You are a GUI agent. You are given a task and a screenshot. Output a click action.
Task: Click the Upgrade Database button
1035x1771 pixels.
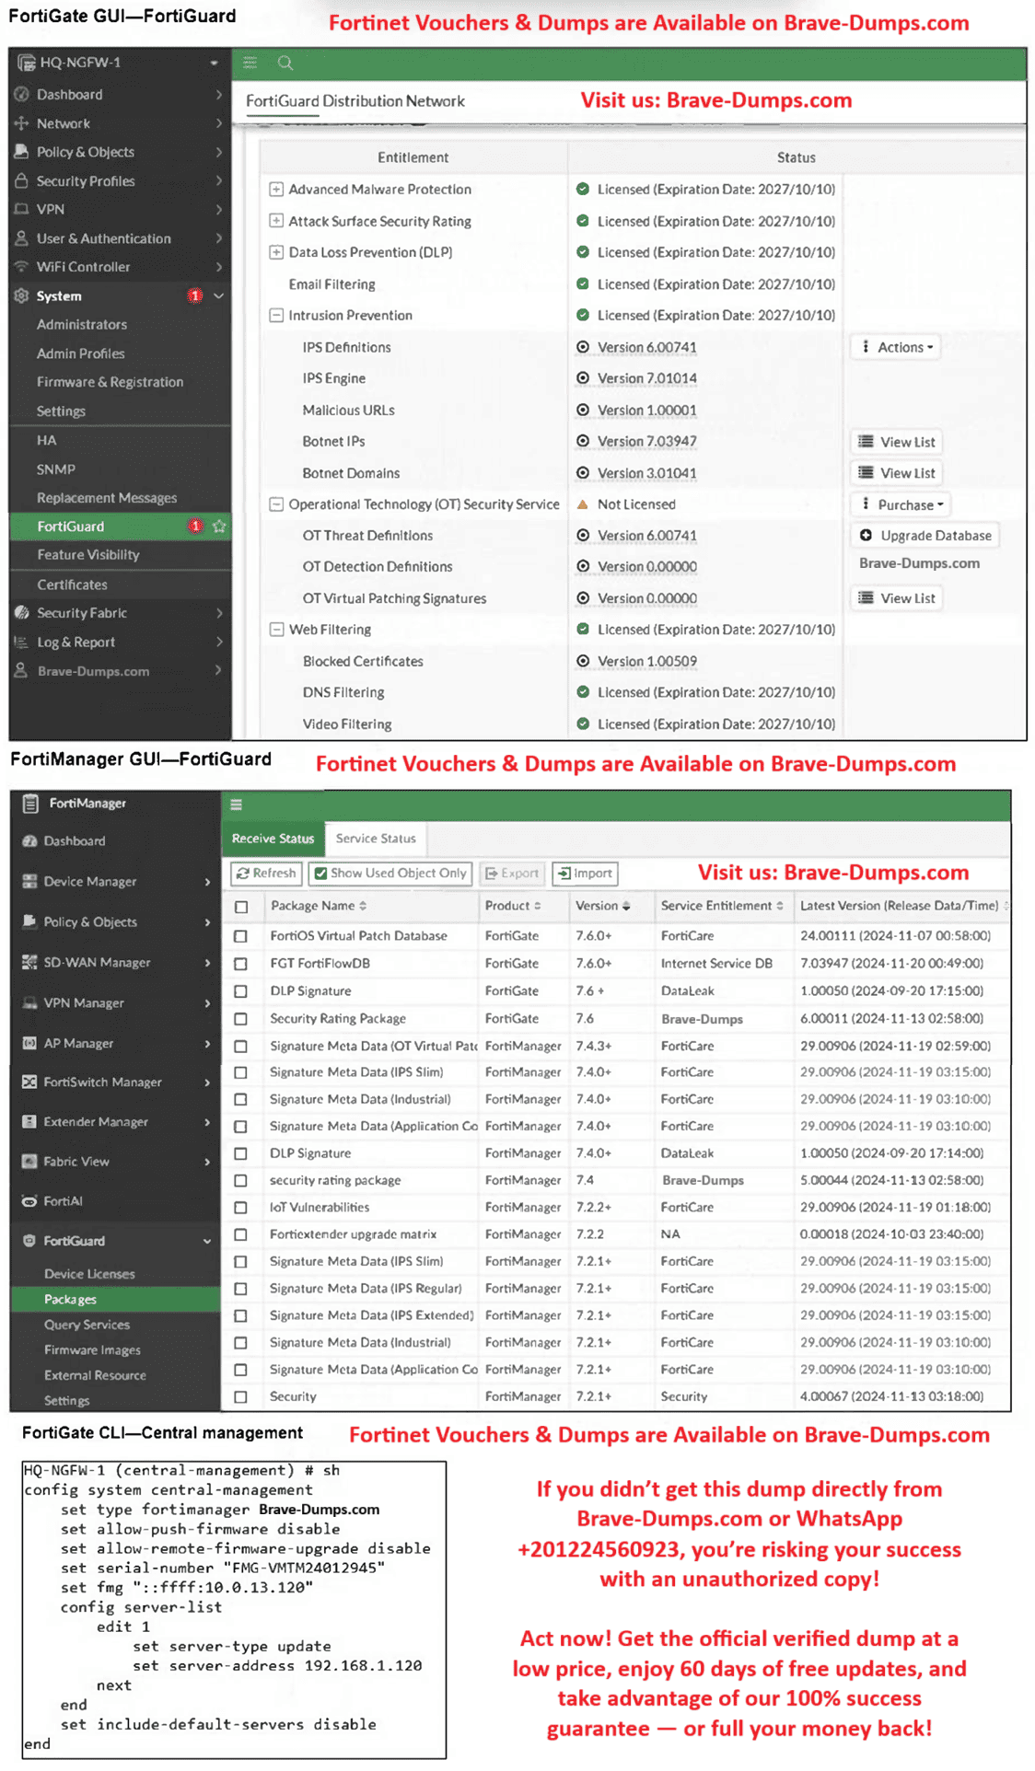pyautogui.click(x=925, y=536)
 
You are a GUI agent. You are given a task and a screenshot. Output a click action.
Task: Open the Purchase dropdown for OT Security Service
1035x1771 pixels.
pyautogui.click(x=902, y=504)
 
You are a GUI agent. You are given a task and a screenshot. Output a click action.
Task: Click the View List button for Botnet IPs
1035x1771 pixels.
pyautogui.click(x=898, y=442)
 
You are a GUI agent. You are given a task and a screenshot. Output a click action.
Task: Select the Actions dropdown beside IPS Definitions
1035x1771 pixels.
pyautogui.click(x=897, y=347)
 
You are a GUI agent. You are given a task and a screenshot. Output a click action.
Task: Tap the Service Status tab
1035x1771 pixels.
pyautogui.click(x=376, y=839)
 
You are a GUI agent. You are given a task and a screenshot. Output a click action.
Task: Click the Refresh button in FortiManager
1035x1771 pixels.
pyautogui.click(x=266, y=874)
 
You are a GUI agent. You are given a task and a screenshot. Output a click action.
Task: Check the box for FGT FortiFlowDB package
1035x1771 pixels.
pyautogui.click(x=241, y=964)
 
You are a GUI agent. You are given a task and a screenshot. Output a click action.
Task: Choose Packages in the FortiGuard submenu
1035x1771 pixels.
pyautogui.click(x=70, y=1300)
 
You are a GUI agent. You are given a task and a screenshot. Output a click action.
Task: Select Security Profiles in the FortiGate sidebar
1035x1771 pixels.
pyautogui.click(x=86, y=181)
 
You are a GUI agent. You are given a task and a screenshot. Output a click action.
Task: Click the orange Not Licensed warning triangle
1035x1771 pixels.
pyautogui.click(x=583, y=504)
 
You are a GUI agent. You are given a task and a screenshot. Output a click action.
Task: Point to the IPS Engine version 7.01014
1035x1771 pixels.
pyautogui.click(x=646, y=378)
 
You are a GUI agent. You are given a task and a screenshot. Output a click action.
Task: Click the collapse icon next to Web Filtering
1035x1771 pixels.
pyautogui.click(x=276, y=630)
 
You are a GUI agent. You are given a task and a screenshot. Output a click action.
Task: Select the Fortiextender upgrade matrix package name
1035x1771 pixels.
pyautogui.click(x=353, y=1234)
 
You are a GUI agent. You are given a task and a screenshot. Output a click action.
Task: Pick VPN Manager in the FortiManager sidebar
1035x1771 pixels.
pyautogui.click(x=84, y=1003)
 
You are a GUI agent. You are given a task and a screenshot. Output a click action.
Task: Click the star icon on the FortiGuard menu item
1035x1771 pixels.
pyautogui.click(x=219, y=527)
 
